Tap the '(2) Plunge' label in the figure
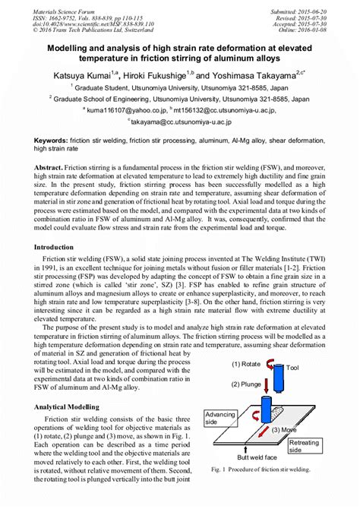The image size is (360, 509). [248, 384]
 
